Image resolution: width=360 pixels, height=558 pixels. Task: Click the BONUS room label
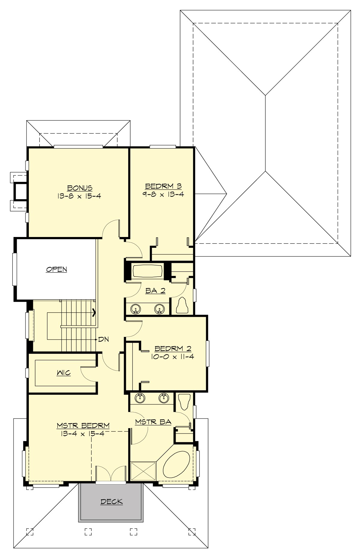(x=79, y=188)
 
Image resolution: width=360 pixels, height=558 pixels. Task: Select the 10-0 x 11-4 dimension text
(x=173, y=357)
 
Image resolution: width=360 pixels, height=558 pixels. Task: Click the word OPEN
(x=56, y=269)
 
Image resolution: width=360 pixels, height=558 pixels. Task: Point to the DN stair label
(x=103, y=340)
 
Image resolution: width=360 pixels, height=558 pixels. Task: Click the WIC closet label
(x=64, y=373)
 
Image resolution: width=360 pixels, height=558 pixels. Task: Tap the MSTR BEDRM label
(x=83, y=425)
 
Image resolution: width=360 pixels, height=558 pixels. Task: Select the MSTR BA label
(x=153, y=422)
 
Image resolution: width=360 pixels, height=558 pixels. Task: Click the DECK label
(x=112, y=501)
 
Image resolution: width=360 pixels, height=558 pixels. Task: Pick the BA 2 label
(x=155, y=290)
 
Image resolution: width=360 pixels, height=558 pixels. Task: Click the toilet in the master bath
(x=183, y=401)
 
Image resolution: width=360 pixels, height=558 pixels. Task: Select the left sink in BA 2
(x=136, y=308)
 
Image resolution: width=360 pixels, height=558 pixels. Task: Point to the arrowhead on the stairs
(x=94, y=312)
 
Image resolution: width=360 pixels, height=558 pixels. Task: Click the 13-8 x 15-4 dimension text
(x=79, y=196)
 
